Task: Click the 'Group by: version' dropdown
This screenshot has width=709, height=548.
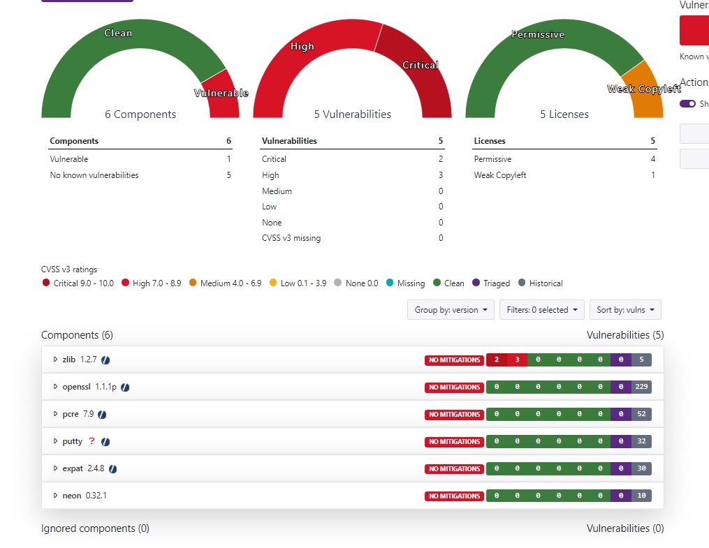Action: (x=451, y=310)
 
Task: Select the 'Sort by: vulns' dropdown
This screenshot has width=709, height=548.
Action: (x=625, y=310)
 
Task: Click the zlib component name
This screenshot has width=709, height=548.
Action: (x=69, y=360)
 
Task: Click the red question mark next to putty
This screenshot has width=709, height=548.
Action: (x=92, y=441)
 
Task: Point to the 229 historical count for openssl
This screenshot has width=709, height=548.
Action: (x=641, y=387)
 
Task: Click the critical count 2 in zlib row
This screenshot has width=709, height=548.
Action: (x=497, y=360)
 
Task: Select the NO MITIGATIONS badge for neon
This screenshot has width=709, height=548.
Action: (x=454, y=496)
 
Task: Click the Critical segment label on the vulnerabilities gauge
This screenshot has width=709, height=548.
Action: (x=420, y=65)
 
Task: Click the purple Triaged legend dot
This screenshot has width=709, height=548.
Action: (x=476, y=283)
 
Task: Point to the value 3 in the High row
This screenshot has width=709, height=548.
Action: (x=441, y=175)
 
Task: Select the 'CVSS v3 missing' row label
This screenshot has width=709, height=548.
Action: (x=291, y=238)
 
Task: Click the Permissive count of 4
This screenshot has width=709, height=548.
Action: (x=653, y=159)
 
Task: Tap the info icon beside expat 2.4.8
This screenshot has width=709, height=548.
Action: (x=112, y=469)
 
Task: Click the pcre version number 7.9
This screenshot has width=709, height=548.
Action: (x=88, y=414)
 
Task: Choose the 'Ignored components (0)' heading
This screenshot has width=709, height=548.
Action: (x=95, y=528)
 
